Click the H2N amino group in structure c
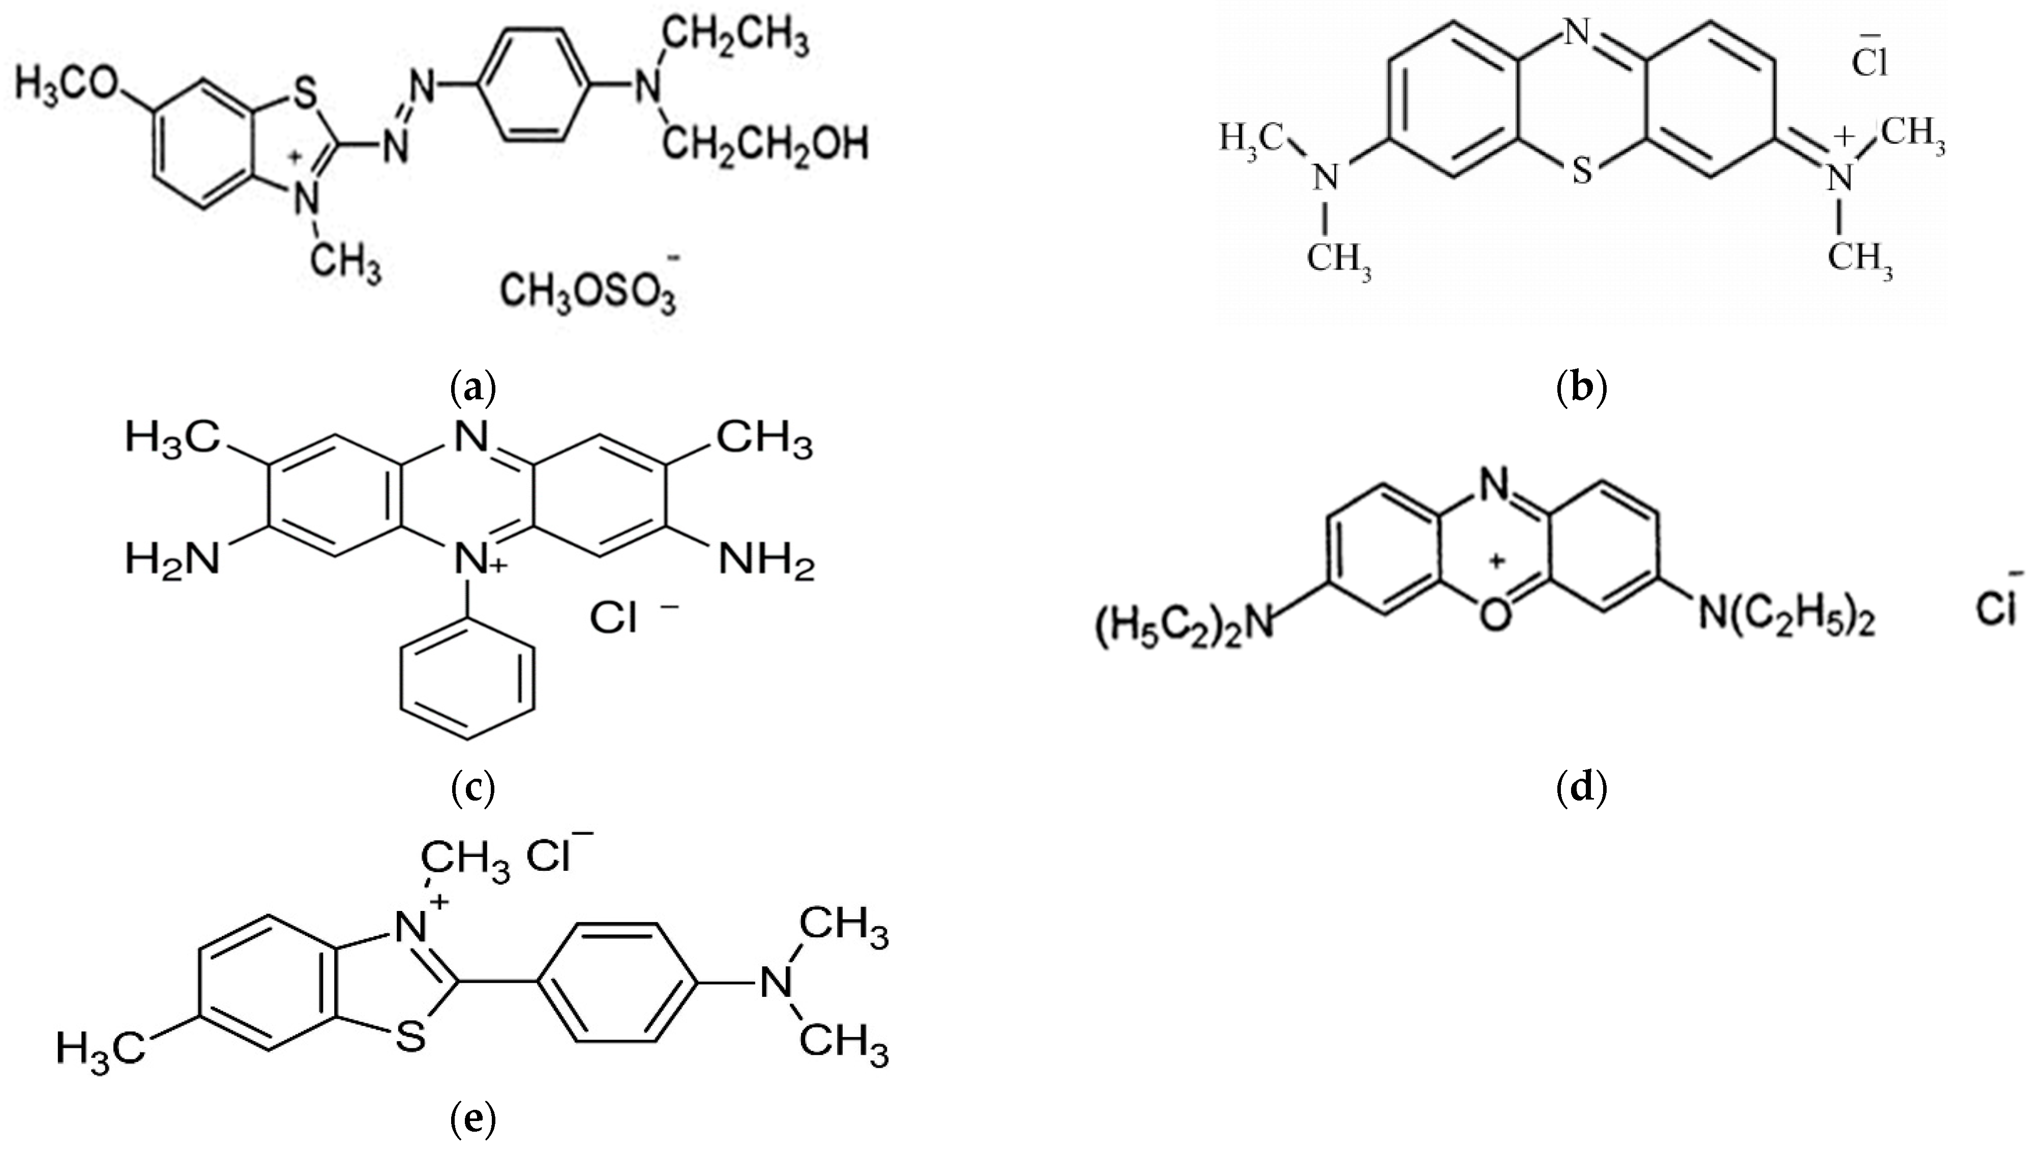[x=171, y=560]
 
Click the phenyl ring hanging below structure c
[x=467, y=683]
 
